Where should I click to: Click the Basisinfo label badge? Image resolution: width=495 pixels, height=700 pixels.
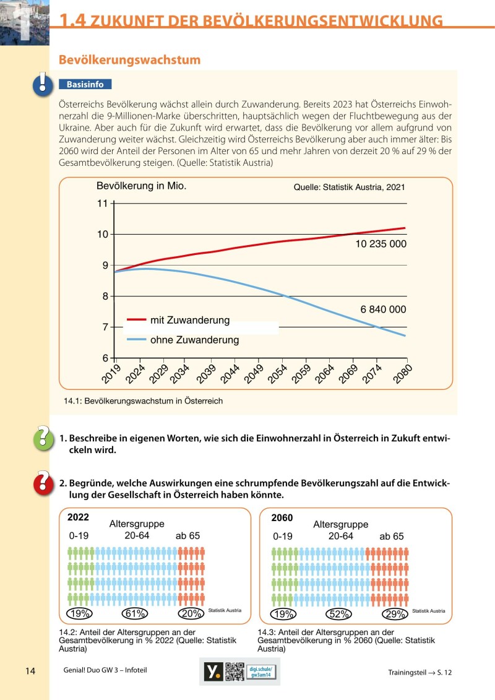pyautogui.click(x=85, y=84)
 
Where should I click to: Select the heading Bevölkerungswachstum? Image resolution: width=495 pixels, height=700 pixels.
pyautogui.click(x=129, y=60)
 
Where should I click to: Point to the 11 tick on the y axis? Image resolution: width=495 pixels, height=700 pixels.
pyautogui.click(x=102, y=204)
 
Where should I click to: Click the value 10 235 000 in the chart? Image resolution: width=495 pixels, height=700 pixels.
pyautogui.click(x=381, y=244)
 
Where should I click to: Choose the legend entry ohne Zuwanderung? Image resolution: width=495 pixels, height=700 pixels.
pyautogui.click(x=194, y=340)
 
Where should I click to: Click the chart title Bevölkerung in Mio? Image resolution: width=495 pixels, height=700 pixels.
pyautogui.click(x=142, y=186)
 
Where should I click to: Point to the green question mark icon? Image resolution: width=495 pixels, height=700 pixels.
pyautogui.click(x=43, y=438)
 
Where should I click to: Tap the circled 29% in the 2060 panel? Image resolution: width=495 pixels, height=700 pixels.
pyautogui.click(x=395, y=614)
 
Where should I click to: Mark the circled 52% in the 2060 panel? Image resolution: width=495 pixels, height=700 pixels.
pyautogui.click(x=338, y=614)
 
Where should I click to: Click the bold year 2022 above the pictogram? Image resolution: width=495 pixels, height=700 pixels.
pyautogui.click(x=79, y=517)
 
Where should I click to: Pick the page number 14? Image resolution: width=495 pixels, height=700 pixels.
pyautogui.click(x=31, y=671)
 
